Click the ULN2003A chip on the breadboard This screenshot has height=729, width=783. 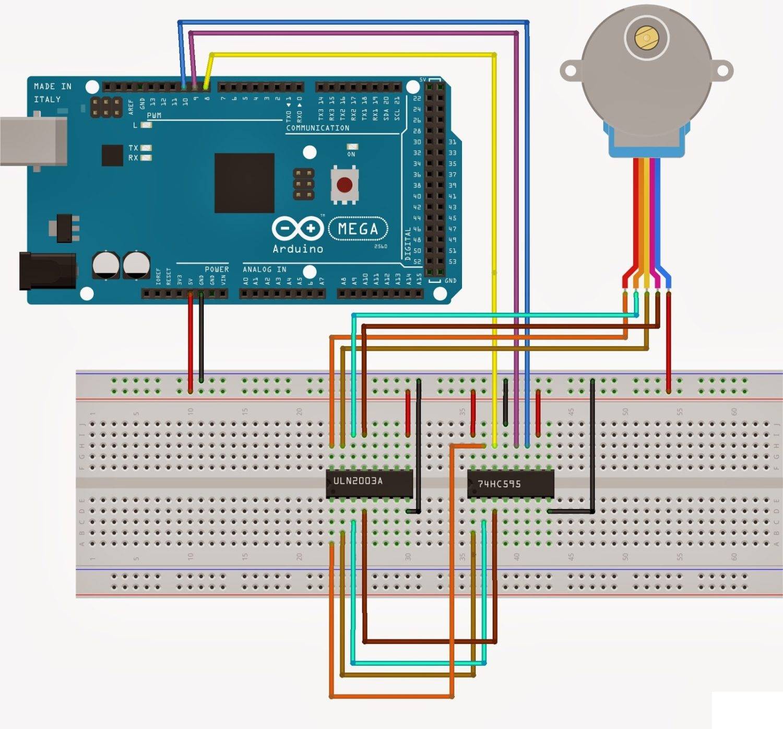pos(369,483)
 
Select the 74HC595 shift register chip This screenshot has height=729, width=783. pos(510,484)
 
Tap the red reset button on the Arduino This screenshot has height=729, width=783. pos(344,184)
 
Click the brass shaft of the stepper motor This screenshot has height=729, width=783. pos(646,38)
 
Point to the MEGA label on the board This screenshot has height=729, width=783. pos(358,229)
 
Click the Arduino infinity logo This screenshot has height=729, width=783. pos(298,228)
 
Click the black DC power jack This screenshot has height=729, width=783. pos(47,271)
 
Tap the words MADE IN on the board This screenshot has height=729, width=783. pos(52,86)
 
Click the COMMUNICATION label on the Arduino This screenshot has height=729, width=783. pos(317,128)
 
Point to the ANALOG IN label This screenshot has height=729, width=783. pos(264,269)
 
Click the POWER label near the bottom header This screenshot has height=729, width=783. pos(216,269)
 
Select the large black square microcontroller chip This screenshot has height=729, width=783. pos(244,183)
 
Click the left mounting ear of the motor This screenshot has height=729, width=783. pos(571,71)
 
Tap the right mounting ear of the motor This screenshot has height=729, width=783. pos(722,70)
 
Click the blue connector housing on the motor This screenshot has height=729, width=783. pos(646,141)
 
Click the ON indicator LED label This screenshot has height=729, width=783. pos(351,154)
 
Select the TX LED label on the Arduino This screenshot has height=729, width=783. pos(134,148)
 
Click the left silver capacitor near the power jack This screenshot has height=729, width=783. pos(106,265)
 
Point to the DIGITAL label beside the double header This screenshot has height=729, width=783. pos(408,244)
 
